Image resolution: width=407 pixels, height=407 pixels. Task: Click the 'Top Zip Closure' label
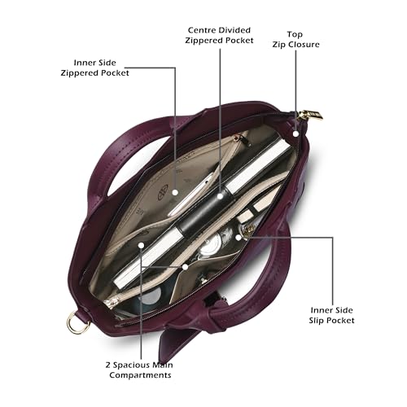point(295,40)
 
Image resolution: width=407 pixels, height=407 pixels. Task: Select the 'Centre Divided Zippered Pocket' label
point(219,35)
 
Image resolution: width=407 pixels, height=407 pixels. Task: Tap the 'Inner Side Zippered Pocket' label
point(94,68)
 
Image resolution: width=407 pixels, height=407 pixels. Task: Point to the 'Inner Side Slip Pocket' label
point(331,315)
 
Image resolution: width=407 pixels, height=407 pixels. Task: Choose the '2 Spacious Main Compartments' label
point(139,370)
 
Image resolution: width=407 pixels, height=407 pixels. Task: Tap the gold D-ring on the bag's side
point(77,322)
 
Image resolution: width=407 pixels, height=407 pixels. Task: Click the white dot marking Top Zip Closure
point(295,133)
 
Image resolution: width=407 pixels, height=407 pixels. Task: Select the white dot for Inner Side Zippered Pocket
point(175,192)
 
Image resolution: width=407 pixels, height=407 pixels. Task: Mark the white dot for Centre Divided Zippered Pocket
point(220,196)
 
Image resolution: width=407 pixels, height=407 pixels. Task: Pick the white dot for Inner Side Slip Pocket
point(239,238)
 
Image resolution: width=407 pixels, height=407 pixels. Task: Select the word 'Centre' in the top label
point(199,30)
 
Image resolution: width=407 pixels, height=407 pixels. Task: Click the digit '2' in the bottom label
point(108,365)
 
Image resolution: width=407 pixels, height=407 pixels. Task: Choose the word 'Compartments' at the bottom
point(140,375)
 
